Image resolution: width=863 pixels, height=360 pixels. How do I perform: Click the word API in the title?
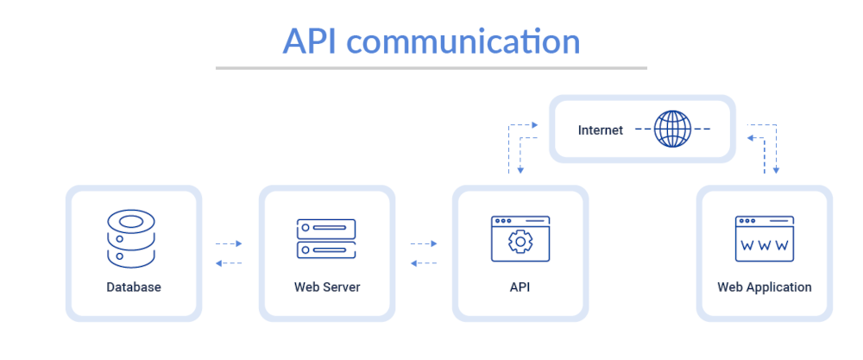click(x=312, y=41)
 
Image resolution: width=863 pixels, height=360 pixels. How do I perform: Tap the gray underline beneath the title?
click(x=431, y=67)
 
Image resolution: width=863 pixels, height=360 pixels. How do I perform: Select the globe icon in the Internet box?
click(x=672, y=129)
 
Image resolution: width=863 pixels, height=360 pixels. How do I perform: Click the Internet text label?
click(x=600, y=130)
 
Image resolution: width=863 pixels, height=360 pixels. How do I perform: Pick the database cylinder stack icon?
click(x=130, y=237)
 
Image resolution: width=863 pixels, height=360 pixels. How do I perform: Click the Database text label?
click(x=134, y=287)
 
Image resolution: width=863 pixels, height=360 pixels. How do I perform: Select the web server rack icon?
click(x=326, y=238)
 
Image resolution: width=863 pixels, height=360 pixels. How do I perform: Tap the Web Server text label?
click(x=327, y=287)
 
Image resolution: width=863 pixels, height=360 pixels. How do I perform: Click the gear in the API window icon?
click(x=520, y=243)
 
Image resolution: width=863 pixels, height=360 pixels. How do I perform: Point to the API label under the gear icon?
click(x=520, y=287)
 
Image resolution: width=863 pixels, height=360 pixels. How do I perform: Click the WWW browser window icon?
click(x=764, y=238)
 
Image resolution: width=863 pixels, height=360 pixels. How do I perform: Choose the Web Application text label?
click(x=764, y=287)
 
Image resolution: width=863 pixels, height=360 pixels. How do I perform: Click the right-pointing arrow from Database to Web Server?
click(x=229, y=243)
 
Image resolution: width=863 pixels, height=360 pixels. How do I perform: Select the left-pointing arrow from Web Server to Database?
click(x=229, y=263)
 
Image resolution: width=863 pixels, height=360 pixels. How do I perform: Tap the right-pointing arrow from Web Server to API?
click(x=423, y=243)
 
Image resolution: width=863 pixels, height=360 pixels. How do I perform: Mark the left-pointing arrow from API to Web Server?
click(x=423, y=263)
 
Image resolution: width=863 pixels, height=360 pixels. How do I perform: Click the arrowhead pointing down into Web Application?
click(x=776, y=171)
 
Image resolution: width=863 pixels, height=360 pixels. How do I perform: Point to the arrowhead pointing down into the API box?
click(x=520, y=171)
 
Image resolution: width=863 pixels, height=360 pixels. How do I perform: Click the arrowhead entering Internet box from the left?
click(x=535, y=125)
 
